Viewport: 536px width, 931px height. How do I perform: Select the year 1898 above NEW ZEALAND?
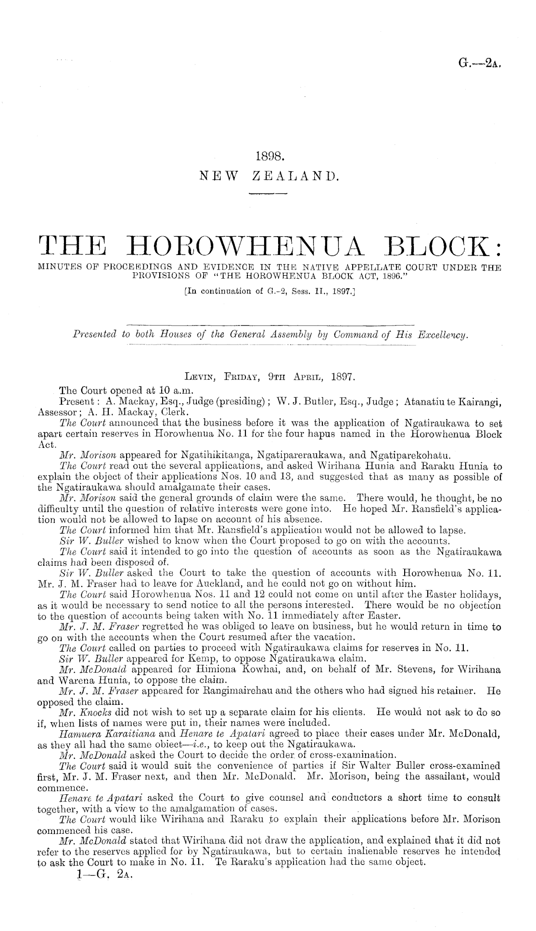tap(268, 155)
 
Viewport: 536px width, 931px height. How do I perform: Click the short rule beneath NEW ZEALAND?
tap(267, 194)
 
